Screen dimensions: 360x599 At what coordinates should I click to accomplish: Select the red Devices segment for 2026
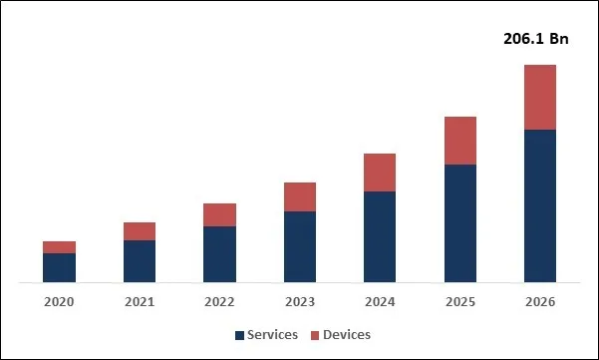point(539,97)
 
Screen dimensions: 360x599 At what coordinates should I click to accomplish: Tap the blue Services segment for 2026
point(539,205)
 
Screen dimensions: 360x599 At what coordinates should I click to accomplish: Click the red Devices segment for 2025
point(459,141)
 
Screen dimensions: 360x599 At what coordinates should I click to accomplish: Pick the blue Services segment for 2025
point(459,223)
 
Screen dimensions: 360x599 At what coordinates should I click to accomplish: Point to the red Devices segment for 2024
point(380,173)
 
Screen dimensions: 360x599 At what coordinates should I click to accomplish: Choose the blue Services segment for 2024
point(380,237)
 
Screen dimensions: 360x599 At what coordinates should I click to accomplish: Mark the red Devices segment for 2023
point(300,196)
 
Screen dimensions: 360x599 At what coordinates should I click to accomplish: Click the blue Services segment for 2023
point(300,247)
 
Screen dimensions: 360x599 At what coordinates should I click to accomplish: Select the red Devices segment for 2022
point(219,214)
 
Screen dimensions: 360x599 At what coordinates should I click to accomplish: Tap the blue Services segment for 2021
point(140,261)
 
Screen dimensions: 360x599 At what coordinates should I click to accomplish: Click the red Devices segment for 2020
point(59,247)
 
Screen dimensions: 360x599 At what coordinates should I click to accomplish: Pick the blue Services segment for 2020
point(59,268)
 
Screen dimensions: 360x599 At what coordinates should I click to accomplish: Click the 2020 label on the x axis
point(59,301)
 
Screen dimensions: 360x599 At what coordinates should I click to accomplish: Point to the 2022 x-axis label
point(219,301)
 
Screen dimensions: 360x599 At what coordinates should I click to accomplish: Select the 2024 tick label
point(380,301)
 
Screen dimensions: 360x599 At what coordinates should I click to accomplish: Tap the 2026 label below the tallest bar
point(539,301)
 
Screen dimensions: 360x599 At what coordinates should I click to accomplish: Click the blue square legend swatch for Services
point(240,335)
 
